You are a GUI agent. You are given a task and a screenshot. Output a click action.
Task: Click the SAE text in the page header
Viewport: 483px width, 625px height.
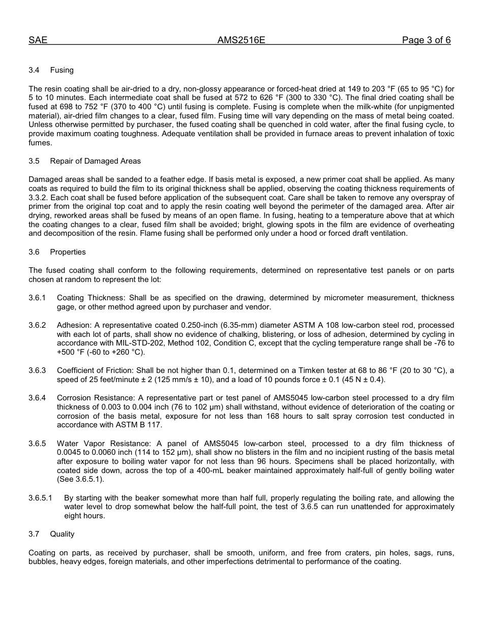coord(38,41)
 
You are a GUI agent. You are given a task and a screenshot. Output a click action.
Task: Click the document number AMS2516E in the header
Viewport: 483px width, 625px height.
coord(241,41)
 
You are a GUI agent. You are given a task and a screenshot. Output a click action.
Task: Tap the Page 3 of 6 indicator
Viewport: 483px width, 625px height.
coord(426,41)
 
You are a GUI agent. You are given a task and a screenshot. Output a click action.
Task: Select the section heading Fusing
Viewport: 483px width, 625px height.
coord(62,70)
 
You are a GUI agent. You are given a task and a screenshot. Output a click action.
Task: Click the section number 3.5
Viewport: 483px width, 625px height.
coord(34,161)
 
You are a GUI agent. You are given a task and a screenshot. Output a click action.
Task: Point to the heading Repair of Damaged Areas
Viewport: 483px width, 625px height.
coord(95,161)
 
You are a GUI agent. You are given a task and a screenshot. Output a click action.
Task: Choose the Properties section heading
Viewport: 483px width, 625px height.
coord(68,252)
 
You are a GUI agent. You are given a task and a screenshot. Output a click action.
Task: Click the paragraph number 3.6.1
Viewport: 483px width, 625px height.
coord(37,298)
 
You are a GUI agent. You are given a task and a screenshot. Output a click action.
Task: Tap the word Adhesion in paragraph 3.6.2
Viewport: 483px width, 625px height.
coord(72,325)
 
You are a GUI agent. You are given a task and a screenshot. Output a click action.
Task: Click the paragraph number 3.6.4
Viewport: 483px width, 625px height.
coord(37,398)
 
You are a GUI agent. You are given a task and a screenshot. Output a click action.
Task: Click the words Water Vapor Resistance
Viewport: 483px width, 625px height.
coord(98,444)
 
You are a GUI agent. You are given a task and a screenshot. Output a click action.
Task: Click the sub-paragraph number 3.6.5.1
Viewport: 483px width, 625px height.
coord(40,498)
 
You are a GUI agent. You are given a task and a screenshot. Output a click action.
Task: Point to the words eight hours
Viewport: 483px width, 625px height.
coord(84,516)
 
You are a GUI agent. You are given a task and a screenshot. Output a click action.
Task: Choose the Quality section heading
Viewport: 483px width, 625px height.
coord(62,534)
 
